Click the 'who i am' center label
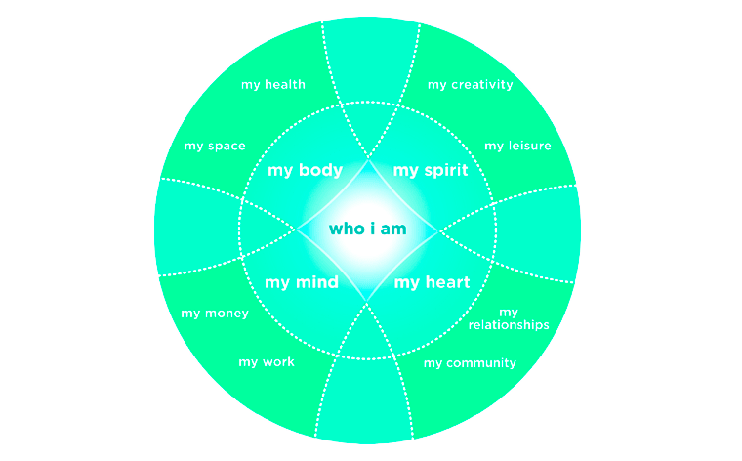pyautogui.click(x=367, y=230)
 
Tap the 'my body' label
pyautogui.click(x=305, y=171)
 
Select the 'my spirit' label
pyautogui.click(x=431, y=171)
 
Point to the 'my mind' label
pyautogui.click(x=302, y=283)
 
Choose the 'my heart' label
pyautogui.click(x=432, y=283)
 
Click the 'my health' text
pyautogui.click(x=273, y=85)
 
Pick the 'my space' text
pyautogui.click(x=215, y=147)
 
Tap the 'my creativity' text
pyautogui.click(x=470, y=85)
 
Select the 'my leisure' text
pyautogui.click(x=517, y=147)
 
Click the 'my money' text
pyautogui.click(x=215, y=314)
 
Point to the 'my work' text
pyautogui.click(x=267, y=362)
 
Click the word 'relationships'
pyautogui.click(x=509, y=324)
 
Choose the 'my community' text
pyautogui.click(x=470, y=363)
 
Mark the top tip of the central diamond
pyautogui.click(x=368, y=157)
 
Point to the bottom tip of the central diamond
pyautogui.click(x=368, y=302)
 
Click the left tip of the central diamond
pyautogui.click(x=297, y=230)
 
